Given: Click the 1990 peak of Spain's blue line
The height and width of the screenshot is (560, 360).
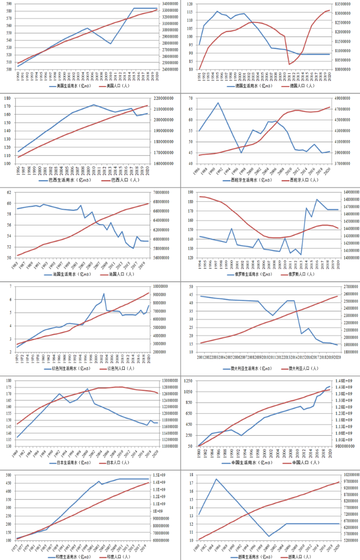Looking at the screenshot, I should click(218, 103).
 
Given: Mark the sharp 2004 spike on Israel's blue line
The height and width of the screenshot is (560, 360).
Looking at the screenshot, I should click(103, 293).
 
